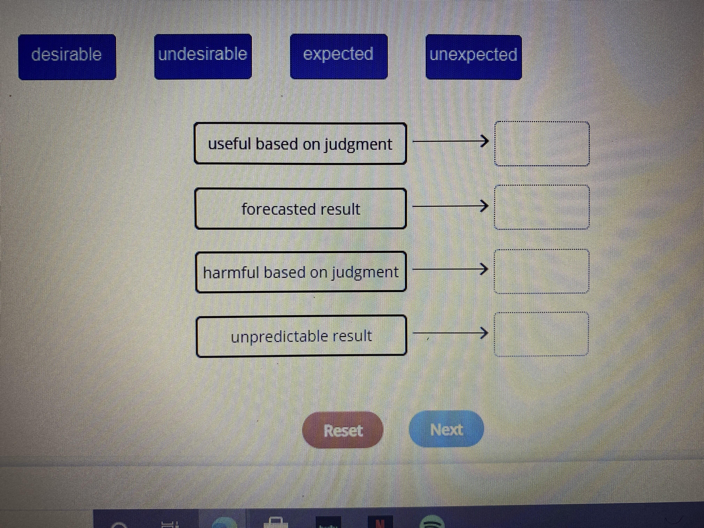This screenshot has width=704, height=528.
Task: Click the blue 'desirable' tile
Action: (67, 57)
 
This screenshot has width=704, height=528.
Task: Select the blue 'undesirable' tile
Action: (203, 57)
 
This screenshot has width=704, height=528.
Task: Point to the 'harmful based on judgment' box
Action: (301, 272)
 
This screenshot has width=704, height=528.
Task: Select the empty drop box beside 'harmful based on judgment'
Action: (541, 271)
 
